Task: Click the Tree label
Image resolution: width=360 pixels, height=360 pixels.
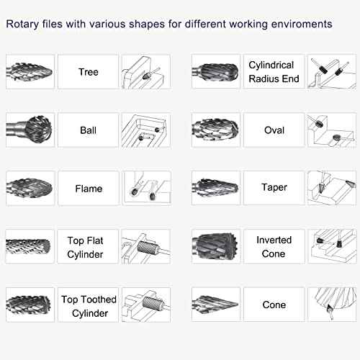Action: (89, 72)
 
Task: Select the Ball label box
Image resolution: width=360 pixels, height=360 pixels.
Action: (89, 131)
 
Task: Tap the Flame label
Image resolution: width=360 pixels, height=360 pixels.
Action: (89, 189)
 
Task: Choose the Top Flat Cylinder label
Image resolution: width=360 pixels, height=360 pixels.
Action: (89, 247)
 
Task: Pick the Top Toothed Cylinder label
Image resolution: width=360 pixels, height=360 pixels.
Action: (89, 306)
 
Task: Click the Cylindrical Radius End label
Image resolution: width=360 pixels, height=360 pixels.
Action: (274, 72)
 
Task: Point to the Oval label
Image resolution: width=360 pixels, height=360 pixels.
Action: (274, 130)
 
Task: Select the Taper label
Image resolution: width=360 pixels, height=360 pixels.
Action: (274, 188)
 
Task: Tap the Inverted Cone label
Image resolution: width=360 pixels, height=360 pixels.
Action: (274, 247)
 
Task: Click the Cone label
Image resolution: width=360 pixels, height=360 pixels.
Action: (274, 305)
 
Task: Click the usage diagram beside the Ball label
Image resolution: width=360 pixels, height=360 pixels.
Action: (146, 130)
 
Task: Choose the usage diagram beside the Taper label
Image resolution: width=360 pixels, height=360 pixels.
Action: (330, 188)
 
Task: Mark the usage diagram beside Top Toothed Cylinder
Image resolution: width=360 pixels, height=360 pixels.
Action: (146, 306)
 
